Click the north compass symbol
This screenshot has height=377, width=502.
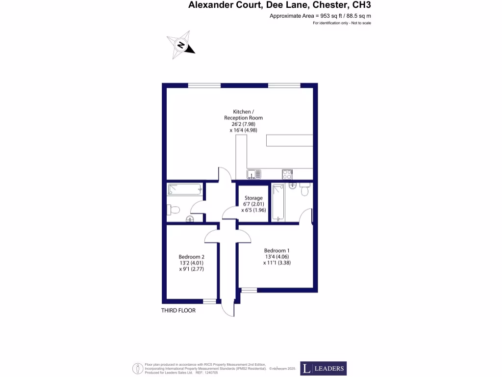click(x=180, y=45)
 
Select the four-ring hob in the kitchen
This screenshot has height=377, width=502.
click(x=287, y=174)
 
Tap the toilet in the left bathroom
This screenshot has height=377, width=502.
click(x=173, y=210)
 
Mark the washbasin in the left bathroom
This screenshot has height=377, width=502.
click(x=190, y=219)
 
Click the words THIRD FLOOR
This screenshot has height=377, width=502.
click(x=178, y=311)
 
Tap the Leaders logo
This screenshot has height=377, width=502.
click(x=323, y=369)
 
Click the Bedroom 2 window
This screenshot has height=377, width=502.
click(x=209, y=301)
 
